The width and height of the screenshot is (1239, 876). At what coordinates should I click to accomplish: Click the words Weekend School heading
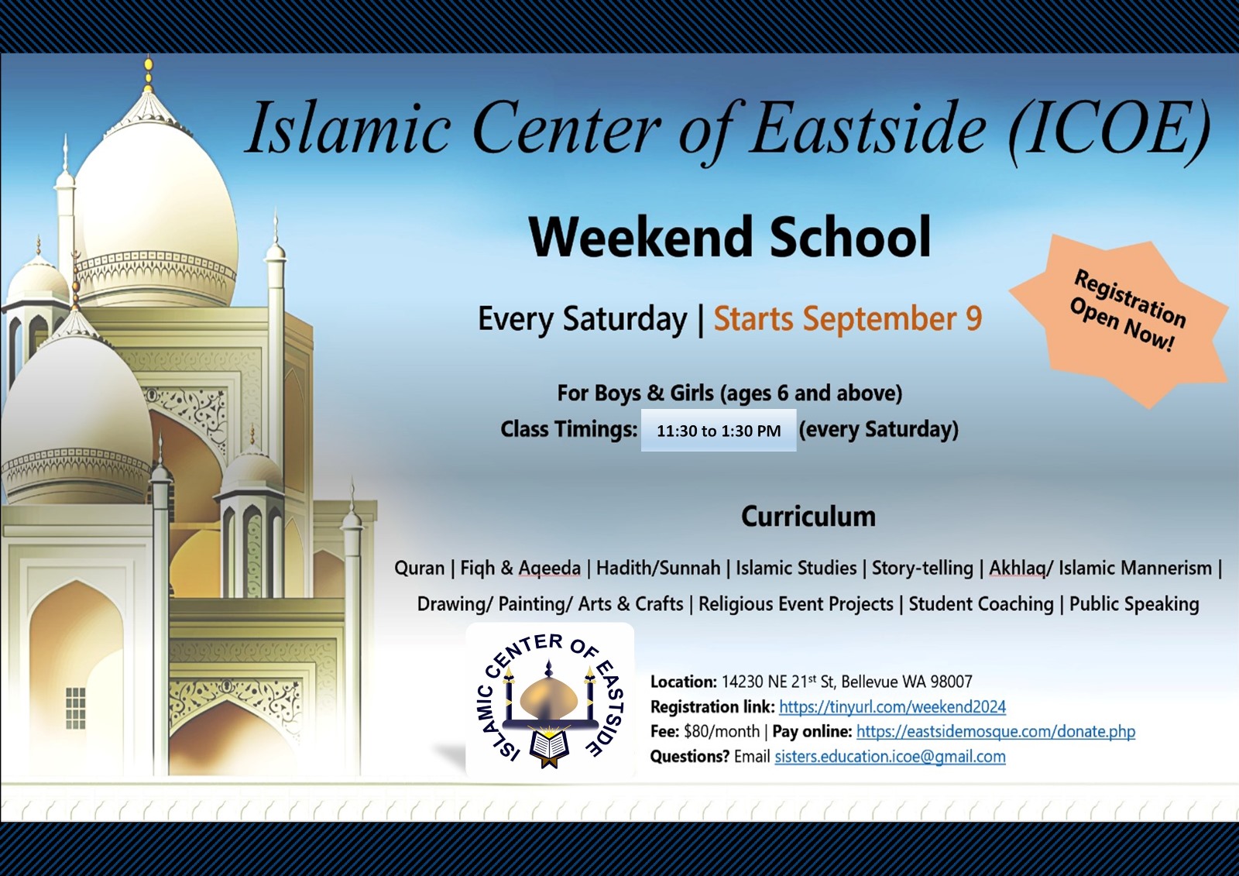[729, 237]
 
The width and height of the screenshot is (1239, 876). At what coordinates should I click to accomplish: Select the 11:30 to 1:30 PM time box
[718, 431]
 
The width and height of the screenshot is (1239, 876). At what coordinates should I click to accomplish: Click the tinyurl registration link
[892, 706]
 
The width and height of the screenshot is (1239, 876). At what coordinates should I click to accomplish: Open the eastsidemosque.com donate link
[995, 731]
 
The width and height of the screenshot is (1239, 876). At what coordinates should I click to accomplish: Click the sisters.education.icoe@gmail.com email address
[890, 757]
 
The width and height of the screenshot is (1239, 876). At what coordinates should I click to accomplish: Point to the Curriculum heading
[808, 517]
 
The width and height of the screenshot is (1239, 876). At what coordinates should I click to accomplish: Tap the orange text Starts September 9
[847, 318]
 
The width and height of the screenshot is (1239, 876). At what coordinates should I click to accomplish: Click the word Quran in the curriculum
[419, 568]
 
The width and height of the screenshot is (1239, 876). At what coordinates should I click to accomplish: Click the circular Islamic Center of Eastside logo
[550, 699]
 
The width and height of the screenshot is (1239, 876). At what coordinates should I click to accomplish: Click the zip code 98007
[951, 682]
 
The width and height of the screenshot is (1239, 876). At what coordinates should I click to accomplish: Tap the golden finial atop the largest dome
[149, 74]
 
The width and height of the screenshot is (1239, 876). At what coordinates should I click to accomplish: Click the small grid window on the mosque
[75, 708]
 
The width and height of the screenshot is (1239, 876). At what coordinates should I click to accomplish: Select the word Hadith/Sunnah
[657, 568]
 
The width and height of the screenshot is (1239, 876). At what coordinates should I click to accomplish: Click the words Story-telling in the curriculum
[922, 568]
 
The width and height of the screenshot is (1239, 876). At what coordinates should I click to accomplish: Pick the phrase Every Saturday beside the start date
[582, 318]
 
